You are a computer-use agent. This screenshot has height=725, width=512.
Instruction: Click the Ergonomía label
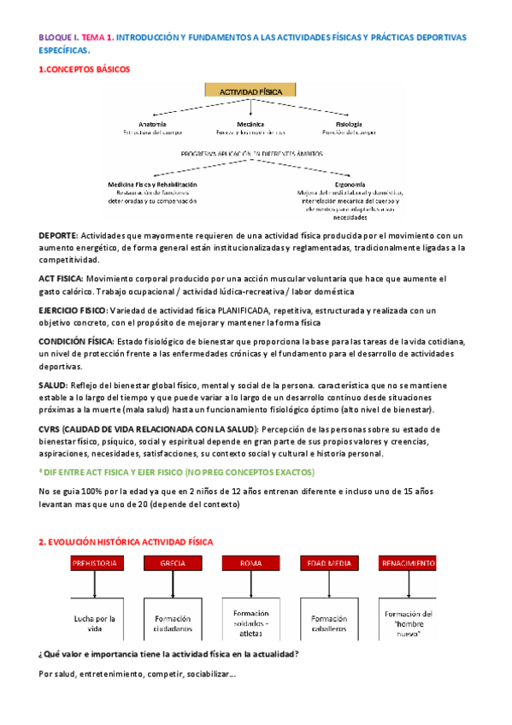coord(351,185)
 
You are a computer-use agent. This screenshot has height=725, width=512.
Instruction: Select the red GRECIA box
coord(173,563)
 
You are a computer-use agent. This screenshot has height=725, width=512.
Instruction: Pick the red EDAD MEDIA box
coord(328,563)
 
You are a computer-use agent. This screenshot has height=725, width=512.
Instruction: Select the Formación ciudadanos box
coord(173,623)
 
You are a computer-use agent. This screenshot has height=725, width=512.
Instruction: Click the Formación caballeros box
coord(328,623)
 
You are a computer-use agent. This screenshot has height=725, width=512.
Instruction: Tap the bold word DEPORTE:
coord(58,235)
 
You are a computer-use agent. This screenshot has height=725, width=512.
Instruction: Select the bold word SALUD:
coord(54,386)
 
